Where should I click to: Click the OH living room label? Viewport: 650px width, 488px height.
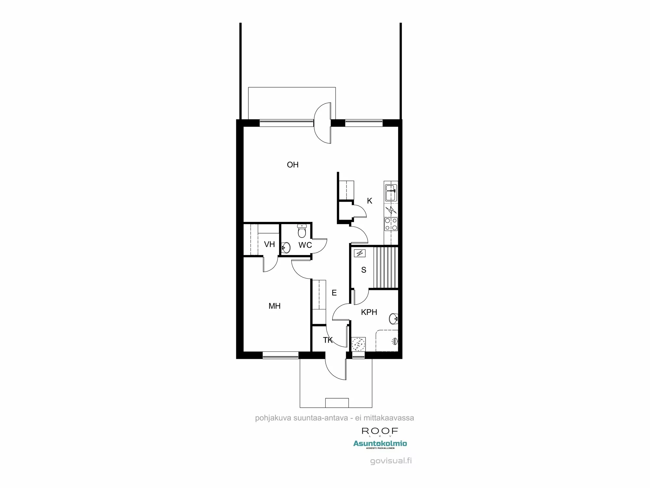(292, 165)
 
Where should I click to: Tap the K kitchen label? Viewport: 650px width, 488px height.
(370, 201)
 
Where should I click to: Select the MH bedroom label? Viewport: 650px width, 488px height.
(274, 306)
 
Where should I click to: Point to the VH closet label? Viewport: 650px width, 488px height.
(269, 244)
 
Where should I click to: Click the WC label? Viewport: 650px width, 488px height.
(305, 245)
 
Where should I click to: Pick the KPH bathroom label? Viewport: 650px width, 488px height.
(369, 312)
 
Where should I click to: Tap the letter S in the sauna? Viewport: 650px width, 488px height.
(364, 270)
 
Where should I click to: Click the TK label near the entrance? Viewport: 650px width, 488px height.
(328, 340)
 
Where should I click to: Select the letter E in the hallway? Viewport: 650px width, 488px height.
(334, 293)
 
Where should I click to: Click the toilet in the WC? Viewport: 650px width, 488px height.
(302, 231)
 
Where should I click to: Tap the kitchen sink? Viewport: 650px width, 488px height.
(390, 193)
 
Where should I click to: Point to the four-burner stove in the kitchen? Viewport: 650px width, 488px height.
(391, 224)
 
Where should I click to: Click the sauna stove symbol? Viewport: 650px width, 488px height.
(360, 253)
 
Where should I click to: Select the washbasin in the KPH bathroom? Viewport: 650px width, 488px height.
(393, 319)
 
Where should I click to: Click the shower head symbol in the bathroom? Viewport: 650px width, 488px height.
(395, 341)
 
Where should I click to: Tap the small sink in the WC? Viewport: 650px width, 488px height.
(286, 248)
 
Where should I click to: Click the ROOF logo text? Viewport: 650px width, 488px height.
(380, 431)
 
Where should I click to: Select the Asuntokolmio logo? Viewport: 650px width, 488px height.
(380, 444)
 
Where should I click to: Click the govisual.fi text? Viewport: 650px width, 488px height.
(391, 461)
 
